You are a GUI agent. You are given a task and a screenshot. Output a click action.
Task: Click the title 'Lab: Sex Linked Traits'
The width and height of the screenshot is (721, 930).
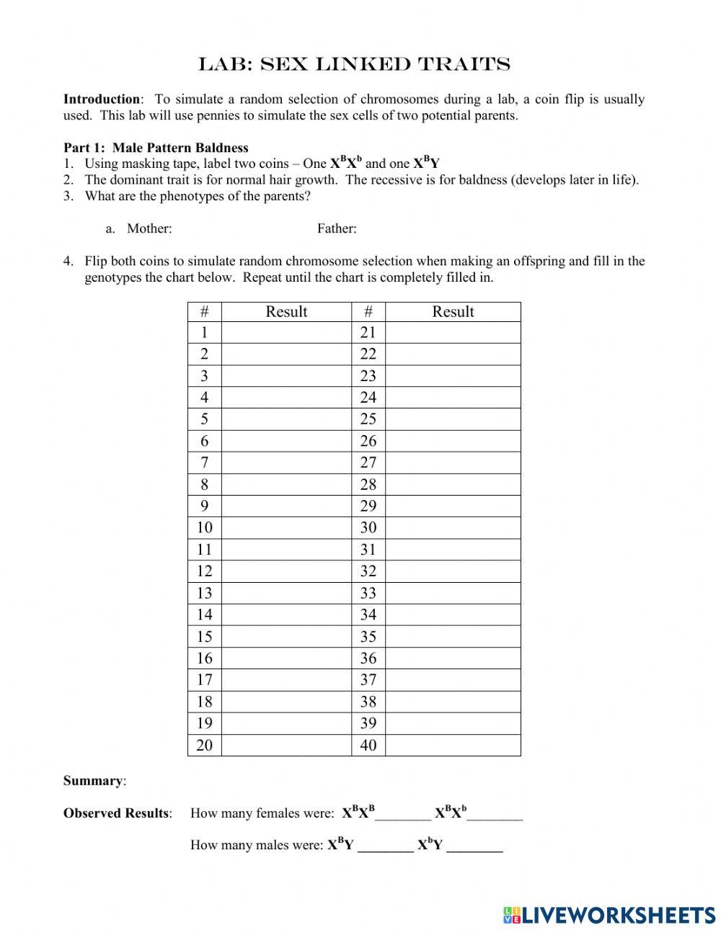[x=354, y=65]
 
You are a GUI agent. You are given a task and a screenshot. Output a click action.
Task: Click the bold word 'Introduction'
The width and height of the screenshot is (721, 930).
[x=102, y=99]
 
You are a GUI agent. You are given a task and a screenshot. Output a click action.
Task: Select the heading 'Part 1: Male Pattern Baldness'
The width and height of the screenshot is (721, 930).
[x=156, y=148]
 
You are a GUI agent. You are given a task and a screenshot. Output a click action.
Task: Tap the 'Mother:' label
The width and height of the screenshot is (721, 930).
[x=149, y=229]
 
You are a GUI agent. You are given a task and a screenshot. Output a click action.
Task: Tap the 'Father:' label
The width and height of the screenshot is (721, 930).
[x=337, y=229]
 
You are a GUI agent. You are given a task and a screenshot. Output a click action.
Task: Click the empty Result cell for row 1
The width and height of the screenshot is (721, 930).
[x=286, y=333]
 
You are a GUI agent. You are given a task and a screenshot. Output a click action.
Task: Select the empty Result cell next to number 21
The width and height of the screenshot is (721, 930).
[x=453, y=333]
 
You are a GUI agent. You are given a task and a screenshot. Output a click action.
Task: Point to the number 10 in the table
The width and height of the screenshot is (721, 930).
[x=204, y=528]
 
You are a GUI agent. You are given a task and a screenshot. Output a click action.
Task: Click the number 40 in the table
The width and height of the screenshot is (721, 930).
[x=368, y=746]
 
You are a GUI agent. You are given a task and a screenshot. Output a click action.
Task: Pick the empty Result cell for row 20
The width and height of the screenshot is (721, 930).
[x=286, y=746]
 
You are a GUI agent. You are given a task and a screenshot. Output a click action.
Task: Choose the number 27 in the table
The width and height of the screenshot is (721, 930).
[x=368, y=463]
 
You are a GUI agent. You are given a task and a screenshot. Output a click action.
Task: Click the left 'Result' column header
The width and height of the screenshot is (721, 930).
[x=286, y=312]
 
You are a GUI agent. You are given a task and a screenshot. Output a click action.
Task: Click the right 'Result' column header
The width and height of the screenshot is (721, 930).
[x=453, y=312]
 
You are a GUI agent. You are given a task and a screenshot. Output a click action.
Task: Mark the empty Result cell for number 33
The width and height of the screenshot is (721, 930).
[x=453, y=594]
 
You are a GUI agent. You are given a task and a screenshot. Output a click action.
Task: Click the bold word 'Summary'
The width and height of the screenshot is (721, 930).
[x=93, y=781]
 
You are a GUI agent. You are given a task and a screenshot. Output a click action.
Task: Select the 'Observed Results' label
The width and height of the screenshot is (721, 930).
[x=117, y=813]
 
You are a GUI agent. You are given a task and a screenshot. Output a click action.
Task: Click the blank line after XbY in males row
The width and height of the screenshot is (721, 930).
[x=474, y=847]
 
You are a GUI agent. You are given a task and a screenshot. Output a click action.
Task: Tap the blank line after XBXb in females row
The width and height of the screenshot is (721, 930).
[x=495, y=815]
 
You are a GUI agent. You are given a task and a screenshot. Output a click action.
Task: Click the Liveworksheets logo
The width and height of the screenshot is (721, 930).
[x=609, y=915]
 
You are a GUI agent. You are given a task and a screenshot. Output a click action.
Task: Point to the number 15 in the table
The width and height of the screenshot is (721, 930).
[x=204, y=637]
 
